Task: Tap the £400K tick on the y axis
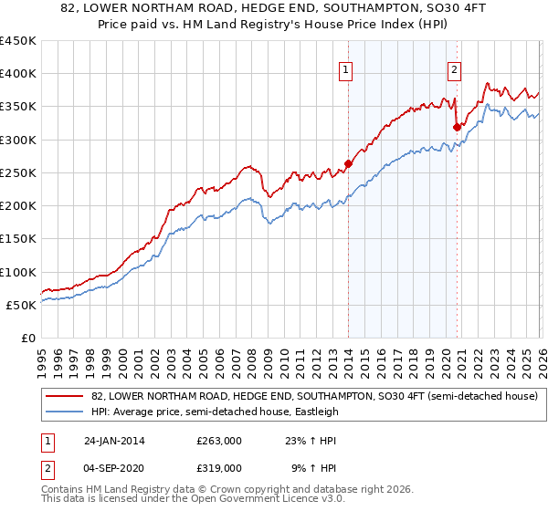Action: [18, 74]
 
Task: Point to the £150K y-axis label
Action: [18, 239]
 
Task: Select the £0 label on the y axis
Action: [27, 338]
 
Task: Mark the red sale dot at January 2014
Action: [348, 164]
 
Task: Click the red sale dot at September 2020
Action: [456, 128]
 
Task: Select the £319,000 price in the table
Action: [219, 466]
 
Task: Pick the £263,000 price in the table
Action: [219, 440]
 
